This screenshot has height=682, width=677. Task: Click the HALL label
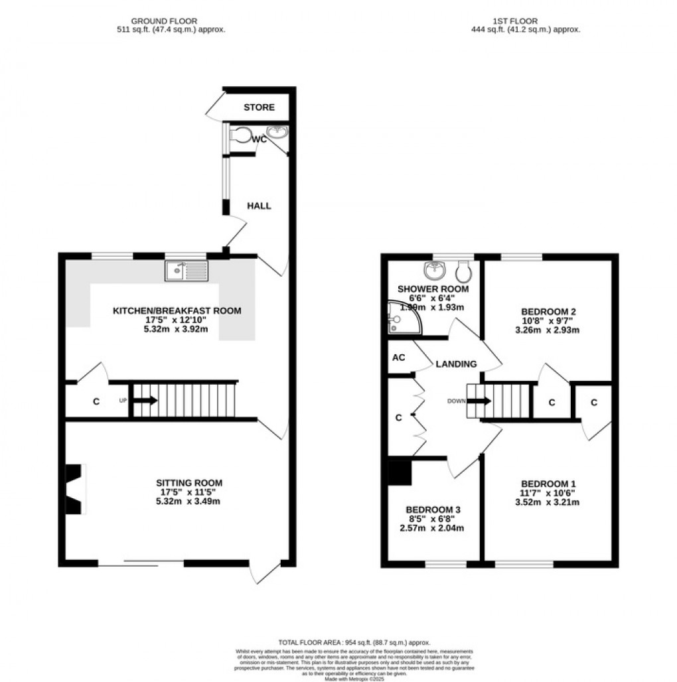[259, 206]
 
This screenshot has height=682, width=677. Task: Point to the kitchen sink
[187, 269]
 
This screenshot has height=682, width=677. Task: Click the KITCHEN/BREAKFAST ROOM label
[177, 310]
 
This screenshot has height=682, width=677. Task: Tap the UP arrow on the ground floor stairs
[145, 401]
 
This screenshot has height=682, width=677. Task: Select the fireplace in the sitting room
[74, 488]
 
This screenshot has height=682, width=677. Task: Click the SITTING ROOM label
[189, 482]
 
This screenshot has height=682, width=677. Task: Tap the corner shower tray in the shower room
[400, 318]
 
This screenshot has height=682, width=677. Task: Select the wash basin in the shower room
[435, 269]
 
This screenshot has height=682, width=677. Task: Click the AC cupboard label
[399, 357]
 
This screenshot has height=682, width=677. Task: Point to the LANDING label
[456, 364]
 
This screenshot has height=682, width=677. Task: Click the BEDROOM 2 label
[548, 311]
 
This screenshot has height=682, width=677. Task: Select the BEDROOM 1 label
[548, 483]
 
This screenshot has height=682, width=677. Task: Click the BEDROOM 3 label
[433, 510]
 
